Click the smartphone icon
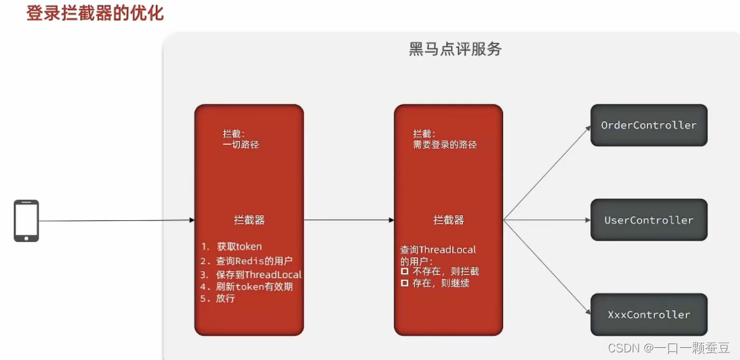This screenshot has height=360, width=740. coord(26,221)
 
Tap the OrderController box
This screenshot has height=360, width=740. coord(649,125)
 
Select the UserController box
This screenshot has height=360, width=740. coord(649,220)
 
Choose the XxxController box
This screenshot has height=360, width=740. coord(649,315)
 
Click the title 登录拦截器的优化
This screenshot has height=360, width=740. coord(95,13)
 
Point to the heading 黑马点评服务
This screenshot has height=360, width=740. coord(455,49)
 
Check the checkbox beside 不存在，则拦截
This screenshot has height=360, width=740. coord(404,271)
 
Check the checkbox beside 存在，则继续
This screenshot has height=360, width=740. coord(404,283)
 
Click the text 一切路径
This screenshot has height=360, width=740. coord(241,145)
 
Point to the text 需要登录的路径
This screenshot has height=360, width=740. coord(445,145)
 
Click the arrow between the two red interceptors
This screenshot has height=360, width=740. coord(349,220)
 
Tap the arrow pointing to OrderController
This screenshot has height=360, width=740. coord(547,172)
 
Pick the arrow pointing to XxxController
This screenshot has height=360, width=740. coord(547,267)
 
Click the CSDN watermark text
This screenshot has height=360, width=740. coord(668,348)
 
